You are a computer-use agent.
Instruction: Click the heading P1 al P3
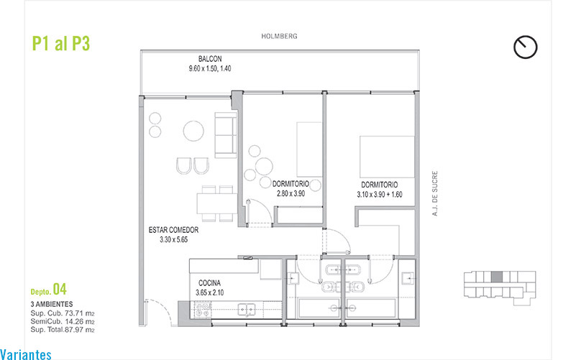61,43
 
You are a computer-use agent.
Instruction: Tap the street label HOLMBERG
279,36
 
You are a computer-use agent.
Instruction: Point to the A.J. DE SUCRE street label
435,193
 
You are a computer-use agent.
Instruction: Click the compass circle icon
526,47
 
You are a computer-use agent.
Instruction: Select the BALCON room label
210,59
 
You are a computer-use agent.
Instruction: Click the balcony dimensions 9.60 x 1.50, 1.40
210,69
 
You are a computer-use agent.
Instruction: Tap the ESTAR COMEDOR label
173,230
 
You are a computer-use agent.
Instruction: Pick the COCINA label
209,283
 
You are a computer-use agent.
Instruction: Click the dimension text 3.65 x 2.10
209,292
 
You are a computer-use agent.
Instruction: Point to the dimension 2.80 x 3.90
291,193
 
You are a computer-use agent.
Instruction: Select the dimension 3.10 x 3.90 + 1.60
380,195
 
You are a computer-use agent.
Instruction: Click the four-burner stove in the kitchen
202,310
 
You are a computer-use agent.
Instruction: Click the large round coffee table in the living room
193,131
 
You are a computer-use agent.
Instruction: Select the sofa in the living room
226,135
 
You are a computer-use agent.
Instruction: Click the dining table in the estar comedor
216,203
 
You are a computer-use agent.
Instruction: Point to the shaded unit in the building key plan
497,277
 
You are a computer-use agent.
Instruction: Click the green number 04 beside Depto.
60,289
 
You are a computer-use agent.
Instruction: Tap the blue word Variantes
26,354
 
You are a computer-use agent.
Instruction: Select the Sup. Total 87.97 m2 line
63,330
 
